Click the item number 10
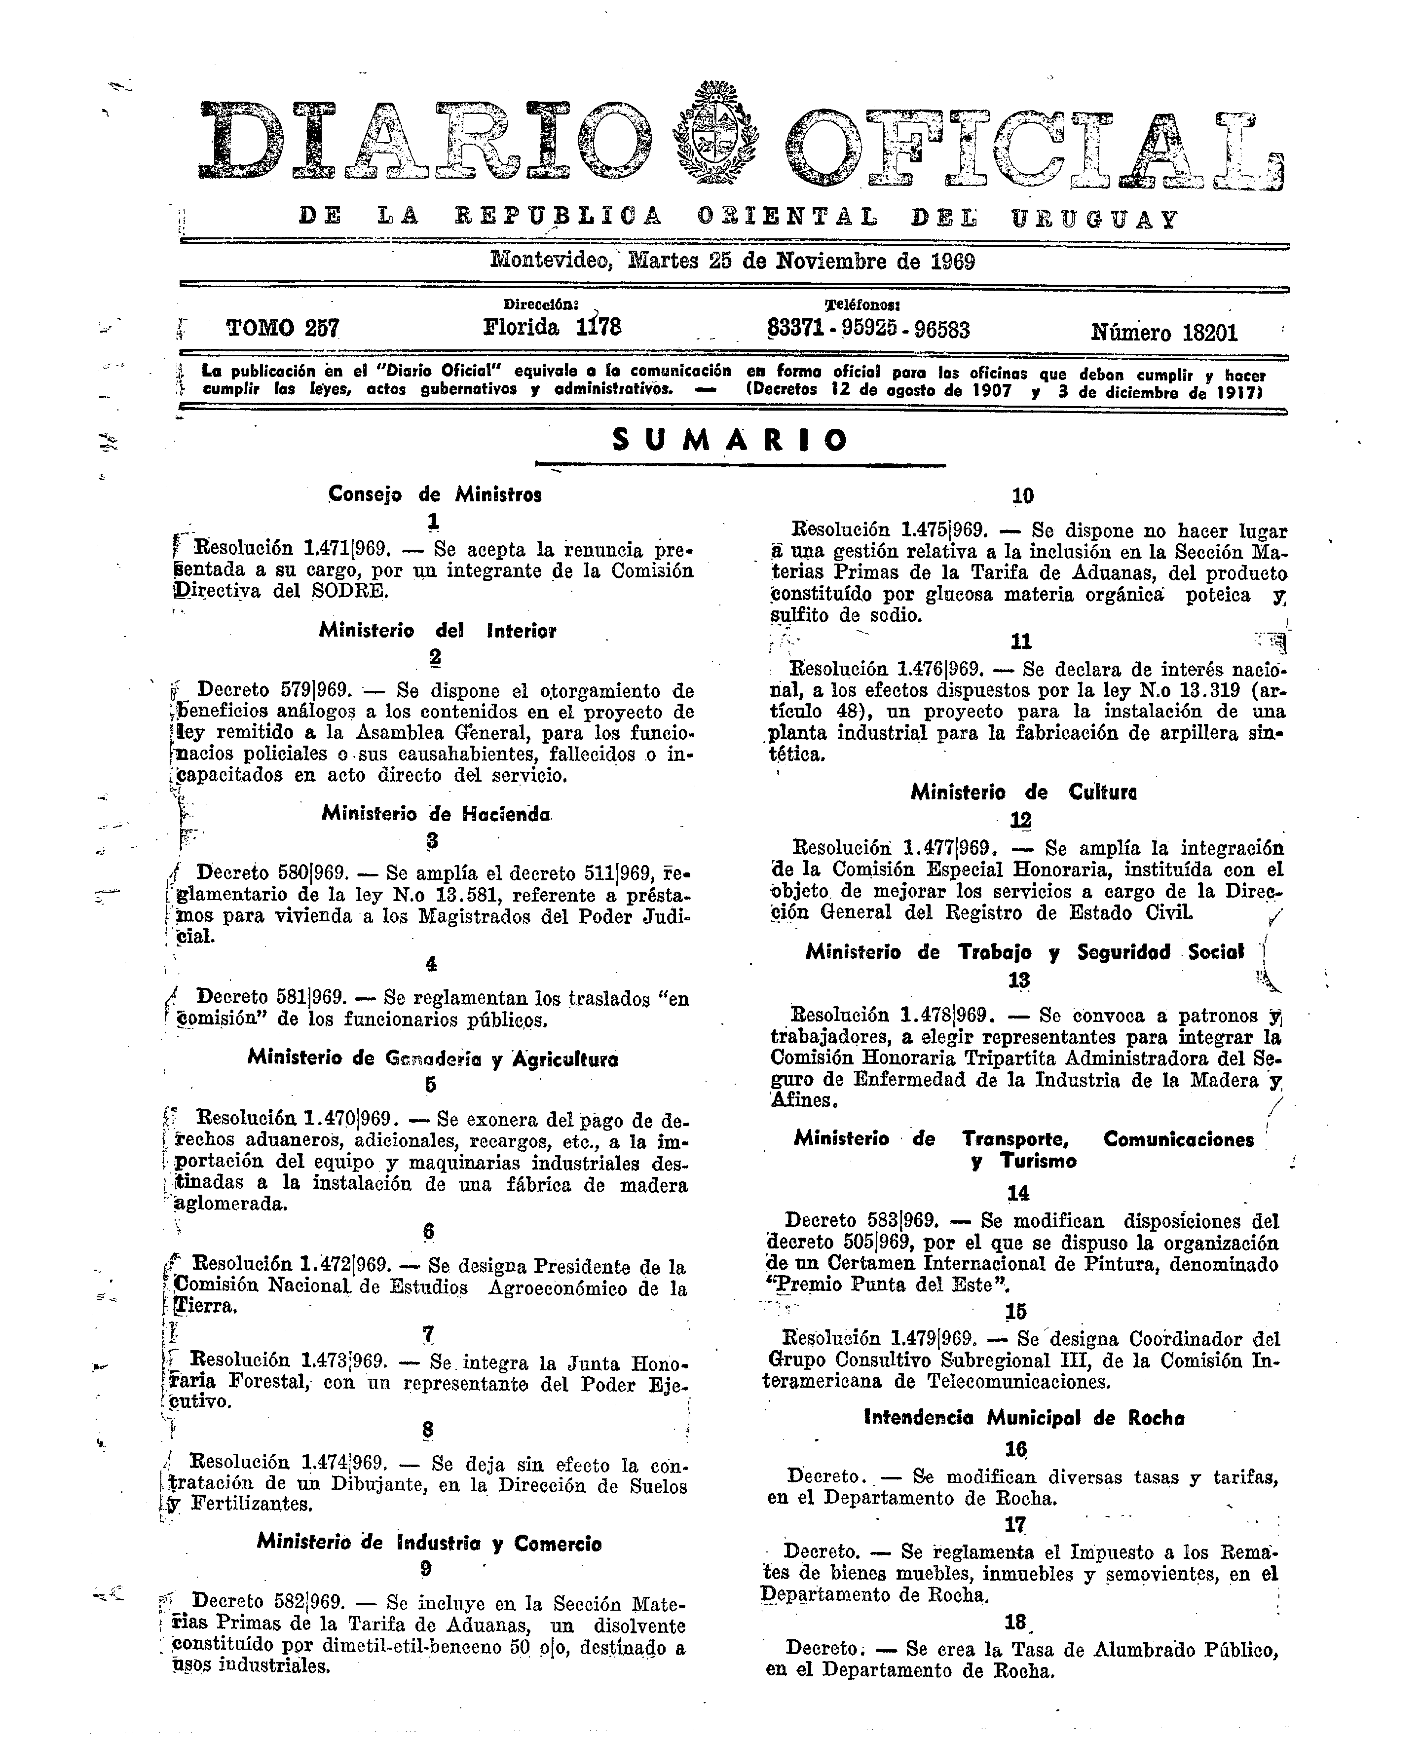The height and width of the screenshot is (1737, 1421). coord(1022,495)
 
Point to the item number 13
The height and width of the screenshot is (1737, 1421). coord(1018,980)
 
